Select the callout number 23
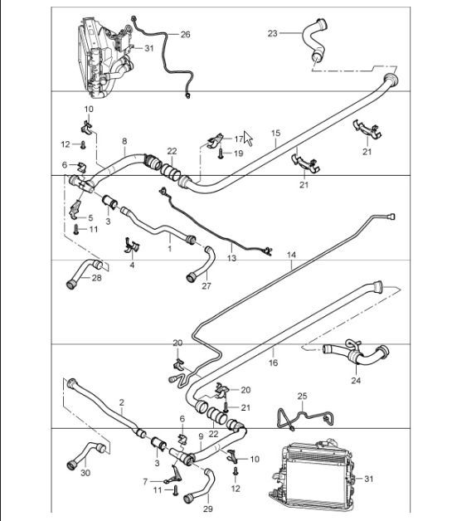tap(272, 33)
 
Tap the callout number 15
tap(275, 133)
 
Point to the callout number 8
tap(124, 141)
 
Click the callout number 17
tap(239, 139)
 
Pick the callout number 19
tap(239, 153)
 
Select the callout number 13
tap(231, 259)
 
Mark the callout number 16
tap(273, 363)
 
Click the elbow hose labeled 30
tap(80, 455)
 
